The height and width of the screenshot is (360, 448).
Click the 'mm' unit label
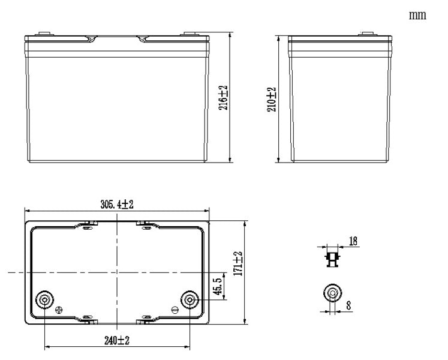[417, 16]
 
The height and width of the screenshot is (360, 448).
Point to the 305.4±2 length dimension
[117, 204]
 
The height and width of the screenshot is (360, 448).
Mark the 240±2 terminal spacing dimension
[118, 340]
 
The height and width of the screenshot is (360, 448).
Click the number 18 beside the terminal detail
[352, 241]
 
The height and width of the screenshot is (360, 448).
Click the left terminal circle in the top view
[45, 299]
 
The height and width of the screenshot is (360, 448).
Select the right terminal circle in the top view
[190, 299]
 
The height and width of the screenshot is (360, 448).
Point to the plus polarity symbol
[59, 310]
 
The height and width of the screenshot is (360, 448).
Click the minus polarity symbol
[175, 310]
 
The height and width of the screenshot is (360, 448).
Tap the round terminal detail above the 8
[332, 293]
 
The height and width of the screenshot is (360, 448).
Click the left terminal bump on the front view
[43, 33]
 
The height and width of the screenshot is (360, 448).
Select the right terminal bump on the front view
[190, 33]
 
